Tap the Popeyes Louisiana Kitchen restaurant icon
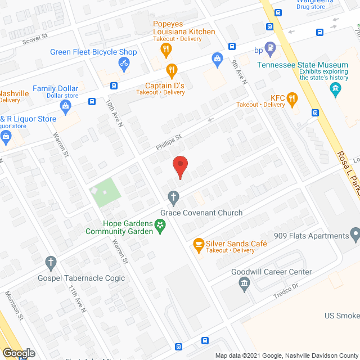[165, 49]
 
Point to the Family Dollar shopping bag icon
[66, 105]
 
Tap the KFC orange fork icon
[292, 100]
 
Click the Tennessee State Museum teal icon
[336, 88]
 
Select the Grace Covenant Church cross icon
[174, 197]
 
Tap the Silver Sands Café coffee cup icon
[198, 244]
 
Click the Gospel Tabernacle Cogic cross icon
[51, 262]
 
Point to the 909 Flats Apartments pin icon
[354, 233]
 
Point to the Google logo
[18, 353]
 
